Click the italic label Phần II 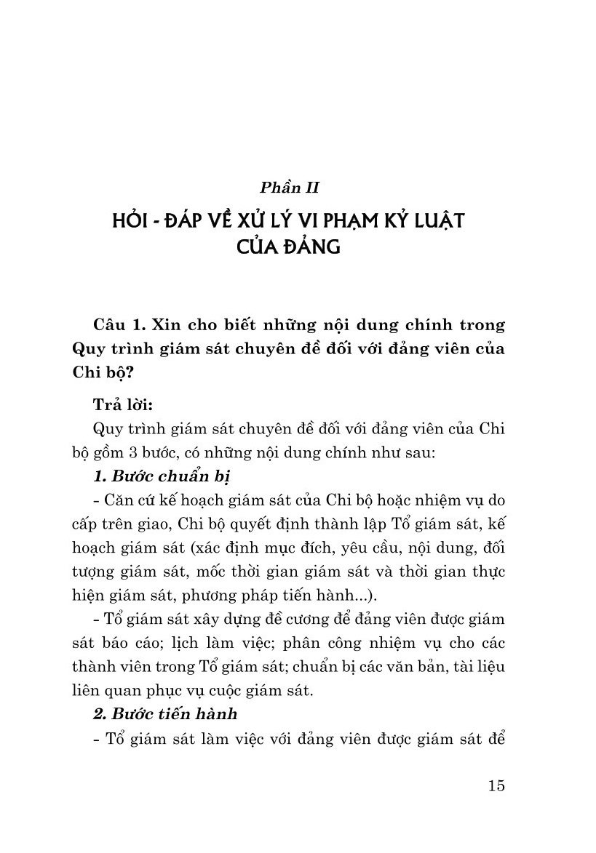[x=290, y=188]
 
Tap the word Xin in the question [x=170, y=323]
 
